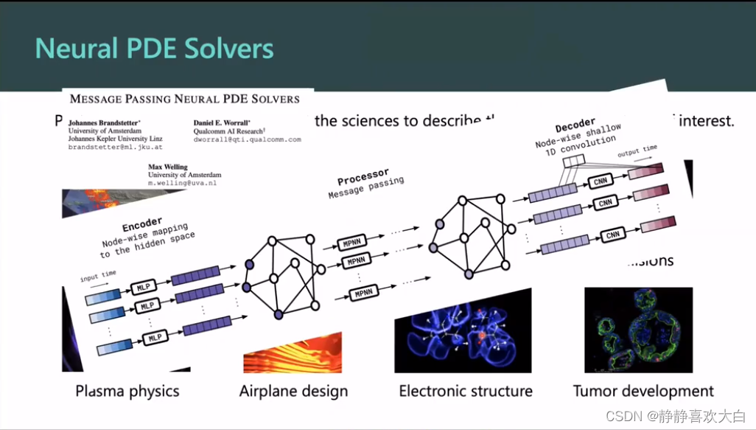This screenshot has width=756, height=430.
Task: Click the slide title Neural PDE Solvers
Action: pos(155,49)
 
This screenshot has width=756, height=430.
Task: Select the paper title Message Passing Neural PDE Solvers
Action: pos(184,98)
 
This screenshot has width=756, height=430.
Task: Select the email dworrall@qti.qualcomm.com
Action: pos(248,139)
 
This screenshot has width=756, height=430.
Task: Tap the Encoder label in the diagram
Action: pos(141,223)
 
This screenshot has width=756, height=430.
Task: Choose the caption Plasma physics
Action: pos(127,391)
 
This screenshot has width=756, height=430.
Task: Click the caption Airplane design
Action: pos(293,391)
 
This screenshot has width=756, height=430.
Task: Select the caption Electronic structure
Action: pos(466,391)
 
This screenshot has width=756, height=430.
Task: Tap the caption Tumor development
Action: pos(643,391)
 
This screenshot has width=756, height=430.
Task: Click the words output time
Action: pos(638,150)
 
